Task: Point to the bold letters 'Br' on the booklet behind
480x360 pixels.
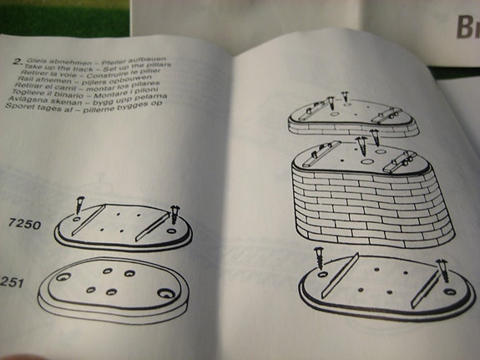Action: [x=466, y=30]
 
